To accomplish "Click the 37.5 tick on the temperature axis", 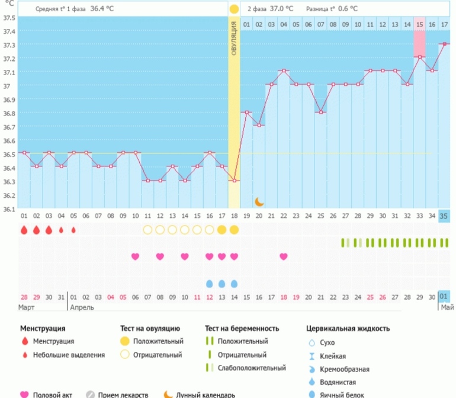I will (8, 17).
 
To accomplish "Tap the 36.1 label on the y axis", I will (8, 209).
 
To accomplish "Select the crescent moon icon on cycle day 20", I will (259, 201).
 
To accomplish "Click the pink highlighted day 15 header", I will (419, 24).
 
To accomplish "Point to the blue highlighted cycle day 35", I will (444, 216).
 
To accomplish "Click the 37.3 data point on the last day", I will (444, 44).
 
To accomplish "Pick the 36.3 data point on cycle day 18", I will (234, 181).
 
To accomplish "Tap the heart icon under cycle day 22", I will (284, 256).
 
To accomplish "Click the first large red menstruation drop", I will (24, 229).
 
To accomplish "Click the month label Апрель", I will (82, 308).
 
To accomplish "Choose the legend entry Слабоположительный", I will (252, 368).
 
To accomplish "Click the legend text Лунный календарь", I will (205, 394).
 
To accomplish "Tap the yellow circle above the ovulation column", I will (234, 9).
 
